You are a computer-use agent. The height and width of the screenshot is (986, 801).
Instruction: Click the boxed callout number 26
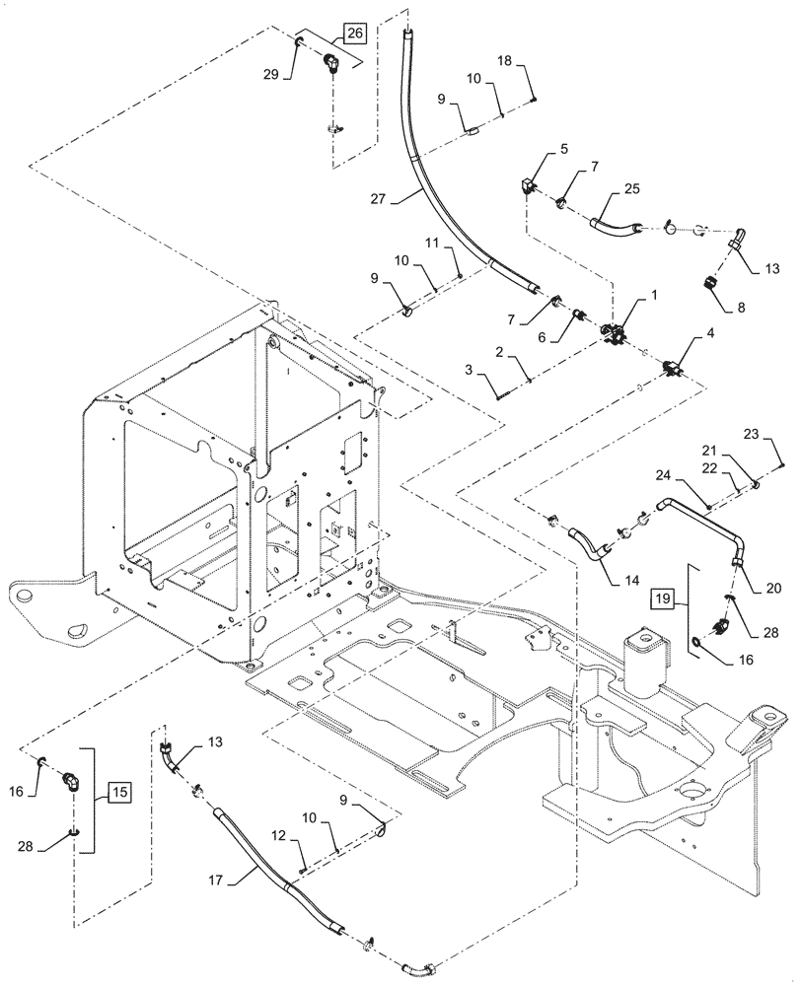(355, 35)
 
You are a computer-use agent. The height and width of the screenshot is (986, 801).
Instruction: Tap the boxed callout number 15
(118, 791)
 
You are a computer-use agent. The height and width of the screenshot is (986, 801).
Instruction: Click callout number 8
(740, 308)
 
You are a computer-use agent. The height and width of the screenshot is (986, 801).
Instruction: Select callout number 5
(562, 151)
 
